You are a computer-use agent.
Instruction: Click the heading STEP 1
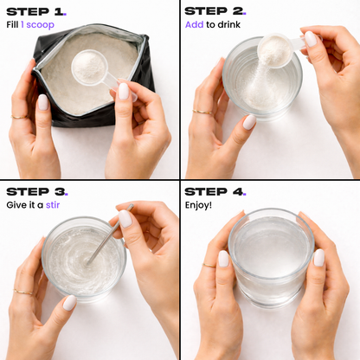coord(36,12)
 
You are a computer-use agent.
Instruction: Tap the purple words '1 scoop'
coord(37,25)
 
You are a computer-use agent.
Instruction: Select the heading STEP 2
coord(215,11)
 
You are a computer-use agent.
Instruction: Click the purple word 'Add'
coord(194,24)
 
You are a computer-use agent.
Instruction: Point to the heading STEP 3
coord(37,192)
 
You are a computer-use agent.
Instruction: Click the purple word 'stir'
coord(53,205)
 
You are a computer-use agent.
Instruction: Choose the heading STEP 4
coord(215,191)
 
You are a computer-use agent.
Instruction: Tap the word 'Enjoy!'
coord(198,205)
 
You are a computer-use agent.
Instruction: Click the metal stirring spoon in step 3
coord(110,235)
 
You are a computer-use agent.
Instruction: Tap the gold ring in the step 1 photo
coord(19,117)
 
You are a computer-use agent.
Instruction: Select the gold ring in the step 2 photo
coord(202,112)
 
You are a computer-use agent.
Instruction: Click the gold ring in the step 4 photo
coord(209,265)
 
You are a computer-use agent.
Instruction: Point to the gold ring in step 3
coord(23,292)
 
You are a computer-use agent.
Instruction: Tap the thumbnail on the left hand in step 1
coord(43,102)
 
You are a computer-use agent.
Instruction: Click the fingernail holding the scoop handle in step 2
coord(311,39)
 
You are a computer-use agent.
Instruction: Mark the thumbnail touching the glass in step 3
coord(70,303)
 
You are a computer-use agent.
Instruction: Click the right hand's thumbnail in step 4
coord(319,258)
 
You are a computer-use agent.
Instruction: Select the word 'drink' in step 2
coord(229,24)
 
